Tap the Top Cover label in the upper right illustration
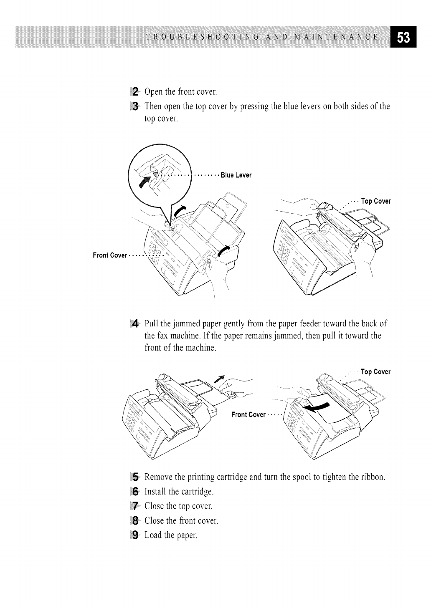(376, 201)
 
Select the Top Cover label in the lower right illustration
(375, 372)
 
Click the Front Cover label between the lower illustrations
(248, 415)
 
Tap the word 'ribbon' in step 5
(372, 477)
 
